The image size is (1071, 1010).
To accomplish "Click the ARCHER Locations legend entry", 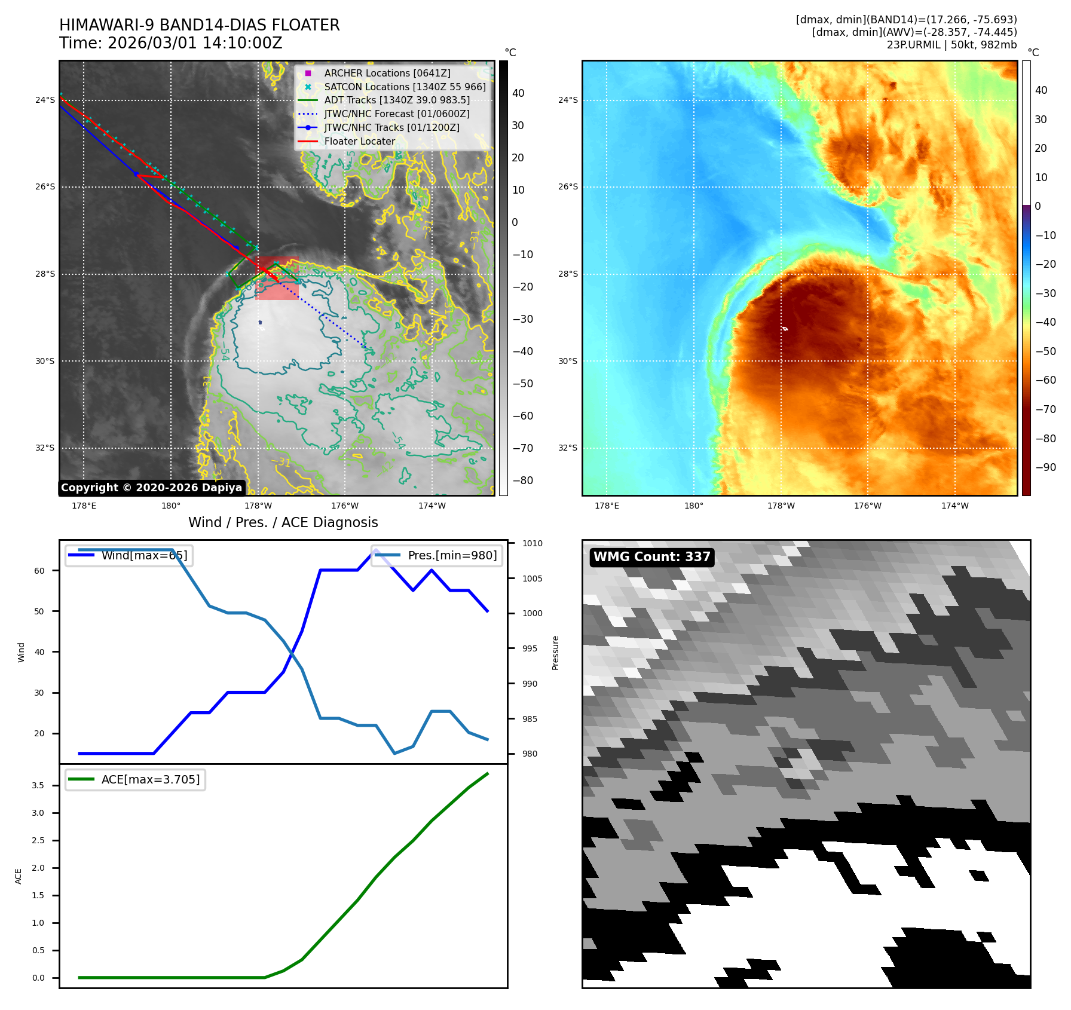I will click(x=387, y=73).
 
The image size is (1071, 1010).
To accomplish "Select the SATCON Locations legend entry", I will click(x=404, y=87).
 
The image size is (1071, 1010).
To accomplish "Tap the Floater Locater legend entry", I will click(x=359, y=141).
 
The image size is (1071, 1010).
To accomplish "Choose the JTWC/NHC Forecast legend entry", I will click(x=396, y=114).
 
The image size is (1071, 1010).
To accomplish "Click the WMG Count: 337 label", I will click(x=651, y=557).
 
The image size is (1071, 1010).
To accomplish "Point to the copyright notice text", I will click(x=151, y=488).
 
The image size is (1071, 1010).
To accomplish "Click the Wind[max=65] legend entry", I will click(x=144, y=555).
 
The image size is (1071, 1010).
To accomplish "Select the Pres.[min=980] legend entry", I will click(x=452, y=555).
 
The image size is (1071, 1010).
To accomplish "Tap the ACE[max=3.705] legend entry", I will click(x=150, y=779).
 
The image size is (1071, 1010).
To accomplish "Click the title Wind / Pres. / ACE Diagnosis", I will click(x=283, y=522).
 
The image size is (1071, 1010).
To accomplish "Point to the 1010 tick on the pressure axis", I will click(x=532, y=543).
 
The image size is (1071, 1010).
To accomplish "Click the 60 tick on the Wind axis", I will click(x=39, y=571).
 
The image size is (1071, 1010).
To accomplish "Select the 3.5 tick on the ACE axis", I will click(x=38, y=785).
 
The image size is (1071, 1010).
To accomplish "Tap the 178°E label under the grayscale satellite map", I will click(x=84, y=506).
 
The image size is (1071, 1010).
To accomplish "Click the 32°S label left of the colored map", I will click(x=568, y=448).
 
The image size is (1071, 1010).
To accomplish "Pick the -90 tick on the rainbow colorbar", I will click(x=1045, y=467).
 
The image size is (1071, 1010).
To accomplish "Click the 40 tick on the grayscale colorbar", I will click(x=518, y=93).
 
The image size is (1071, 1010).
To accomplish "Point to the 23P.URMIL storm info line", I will click(x=951, y=45).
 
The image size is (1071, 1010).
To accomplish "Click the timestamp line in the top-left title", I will click(x=170, y=43).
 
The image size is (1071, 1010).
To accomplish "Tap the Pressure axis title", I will click(x=555, y=653).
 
